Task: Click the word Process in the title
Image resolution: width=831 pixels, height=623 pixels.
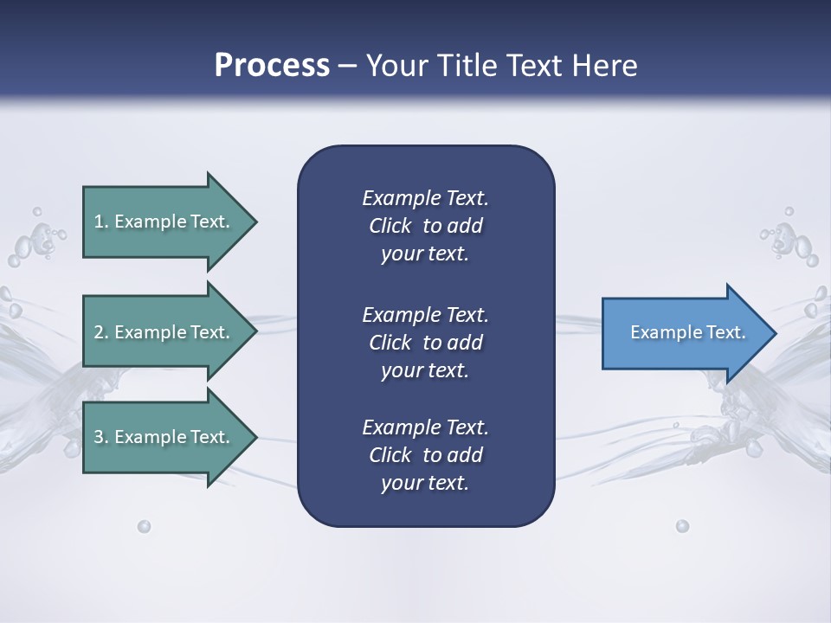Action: click(x=272, y=66)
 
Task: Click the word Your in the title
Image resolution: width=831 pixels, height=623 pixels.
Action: click(x=396, y=66)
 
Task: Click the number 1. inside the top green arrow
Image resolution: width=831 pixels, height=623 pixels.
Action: click(x=101, y=222)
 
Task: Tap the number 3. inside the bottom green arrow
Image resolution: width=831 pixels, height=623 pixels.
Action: click(x=101, y=437)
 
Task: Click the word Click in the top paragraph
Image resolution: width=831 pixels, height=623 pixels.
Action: click(x=390, y=226)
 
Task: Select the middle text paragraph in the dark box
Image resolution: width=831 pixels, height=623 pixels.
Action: click(x=425, y=343)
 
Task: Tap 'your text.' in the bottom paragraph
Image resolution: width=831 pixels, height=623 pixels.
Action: click(x=425, y=483)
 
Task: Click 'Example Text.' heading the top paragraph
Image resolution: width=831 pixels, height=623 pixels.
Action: click(x=425, y=198)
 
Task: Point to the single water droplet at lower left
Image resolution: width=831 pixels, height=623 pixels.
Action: click(x=144, y=526)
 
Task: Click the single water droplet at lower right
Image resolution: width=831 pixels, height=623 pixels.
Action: click(x=682, y=526)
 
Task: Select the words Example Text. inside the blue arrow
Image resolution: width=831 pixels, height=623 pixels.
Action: click(x=688, y=332)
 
